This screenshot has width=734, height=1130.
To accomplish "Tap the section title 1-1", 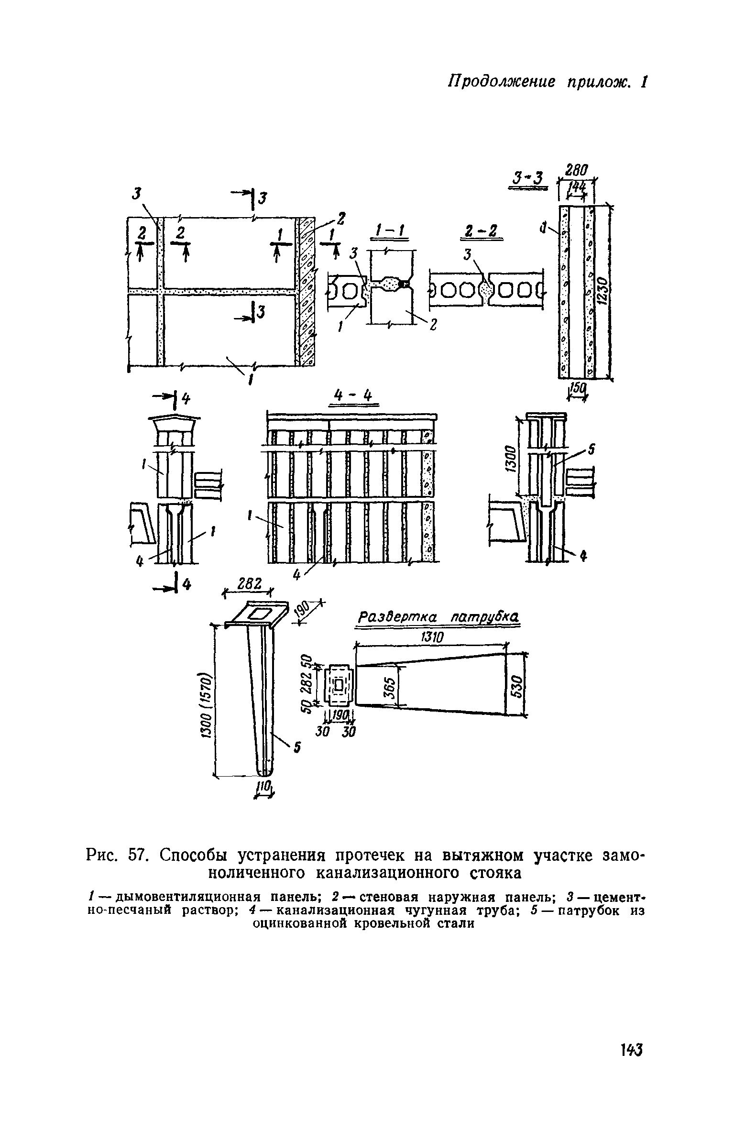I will click(388, 233).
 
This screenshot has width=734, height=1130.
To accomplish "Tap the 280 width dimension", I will click(577, 170).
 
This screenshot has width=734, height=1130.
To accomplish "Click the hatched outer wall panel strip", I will click(305, 292).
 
